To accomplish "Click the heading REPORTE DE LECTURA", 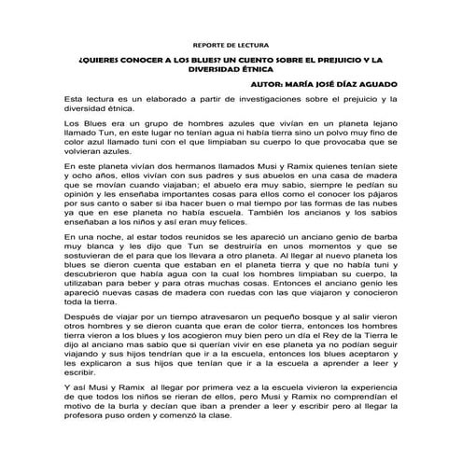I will (231, 44).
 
